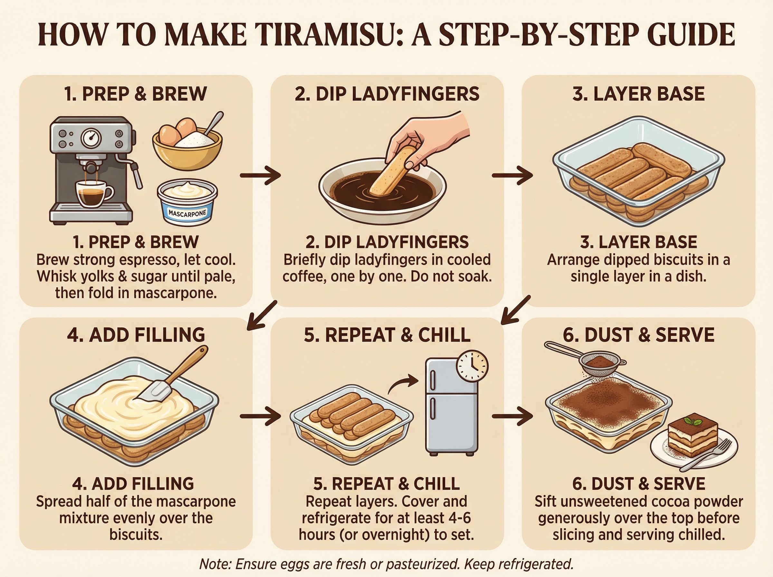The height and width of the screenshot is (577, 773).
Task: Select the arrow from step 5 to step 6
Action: pos(512,416)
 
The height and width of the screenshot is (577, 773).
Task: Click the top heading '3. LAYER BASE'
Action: pos(638,94)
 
